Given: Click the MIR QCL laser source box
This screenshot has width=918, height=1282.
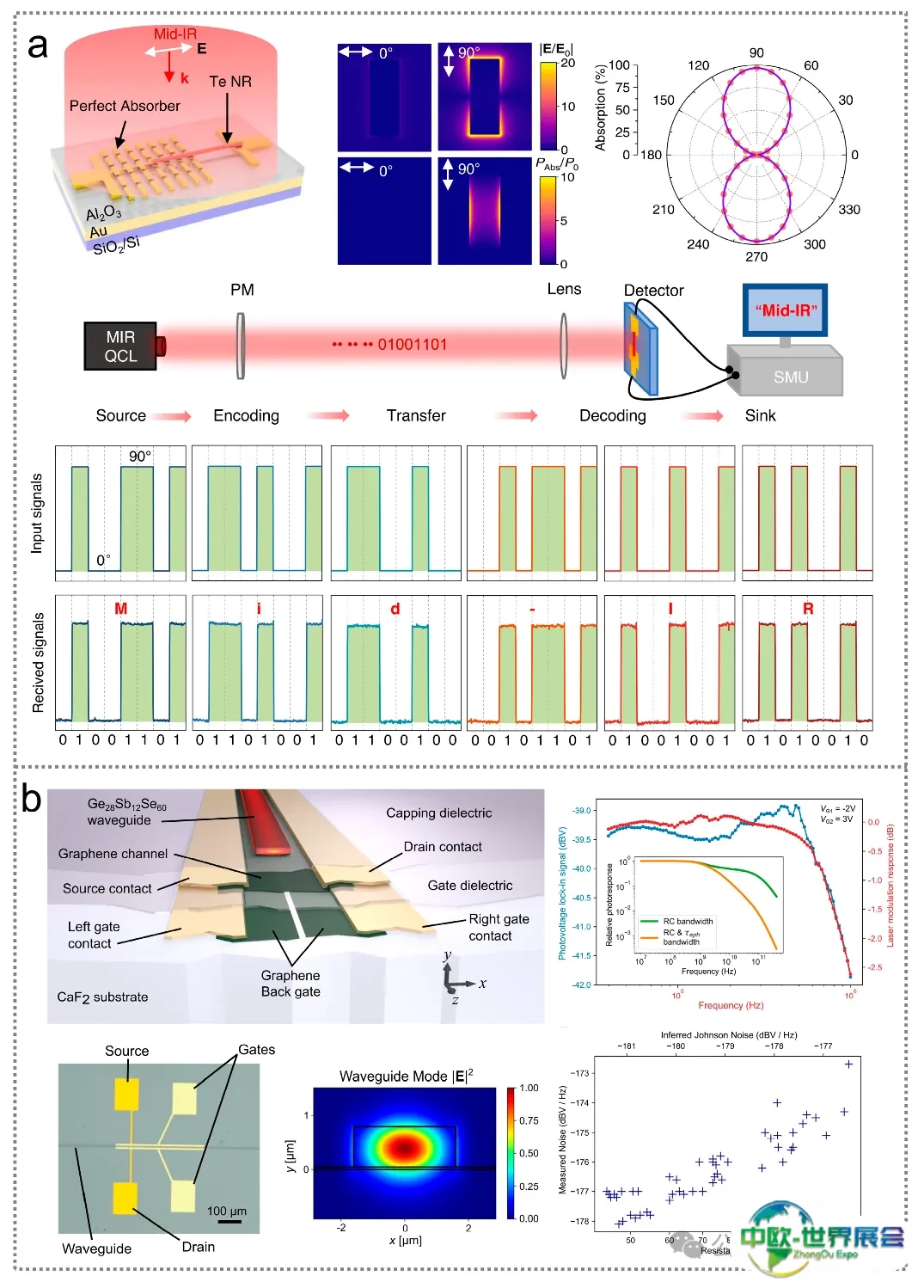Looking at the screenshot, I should tap(120, 347).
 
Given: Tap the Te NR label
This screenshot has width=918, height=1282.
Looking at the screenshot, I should tap(230, 82).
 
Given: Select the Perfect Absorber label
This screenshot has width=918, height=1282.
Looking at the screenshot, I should tap(125, 106).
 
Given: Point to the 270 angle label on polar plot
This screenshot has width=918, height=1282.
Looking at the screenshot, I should tap(756, 256).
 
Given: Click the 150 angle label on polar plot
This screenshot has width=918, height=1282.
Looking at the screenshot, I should tap(664, 100).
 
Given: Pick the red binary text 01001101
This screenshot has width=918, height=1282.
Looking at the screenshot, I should tap(413, 345).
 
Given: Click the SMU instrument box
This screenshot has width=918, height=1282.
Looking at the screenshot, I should tap(790, 377).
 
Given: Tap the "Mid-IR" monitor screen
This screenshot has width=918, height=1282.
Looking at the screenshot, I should tap(786, 310).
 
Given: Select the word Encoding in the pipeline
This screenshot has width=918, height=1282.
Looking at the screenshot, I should tap(246, 416).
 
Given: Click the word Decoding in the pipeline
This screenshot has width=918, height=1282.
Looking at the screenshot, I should tap(612, 416).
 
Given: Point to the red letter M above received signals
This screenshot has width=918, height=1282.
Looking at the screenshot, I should tap(120, 609).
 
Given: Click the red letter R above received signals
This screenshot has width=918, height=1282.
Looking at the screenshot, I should tap(808, 609).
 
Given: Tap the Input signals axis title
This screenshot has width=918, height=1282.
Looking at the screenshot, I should tap(37, 512).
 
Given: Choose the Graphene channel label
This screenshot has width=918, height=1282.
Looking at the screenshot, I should tap(113, 854).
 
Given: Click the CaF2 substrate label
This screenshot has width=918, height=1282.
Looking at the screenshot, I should tap(102, 997).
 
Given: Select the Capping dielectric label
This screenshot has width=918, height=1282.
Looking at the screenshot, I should tap(438, 813).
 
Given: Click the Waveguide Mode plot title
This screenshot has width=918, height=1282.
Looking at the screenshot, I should tap(406, 1076).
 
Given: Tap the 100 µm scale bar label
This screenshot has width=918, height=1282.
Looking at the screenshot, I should tap(227, 1211).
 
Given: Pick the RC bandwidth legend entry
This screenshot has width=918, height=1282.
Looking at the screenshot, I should tap(688, 921).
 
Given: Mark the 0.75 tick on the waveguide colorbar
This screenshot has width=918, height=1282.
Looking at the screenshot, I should tap(529, 1120).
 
